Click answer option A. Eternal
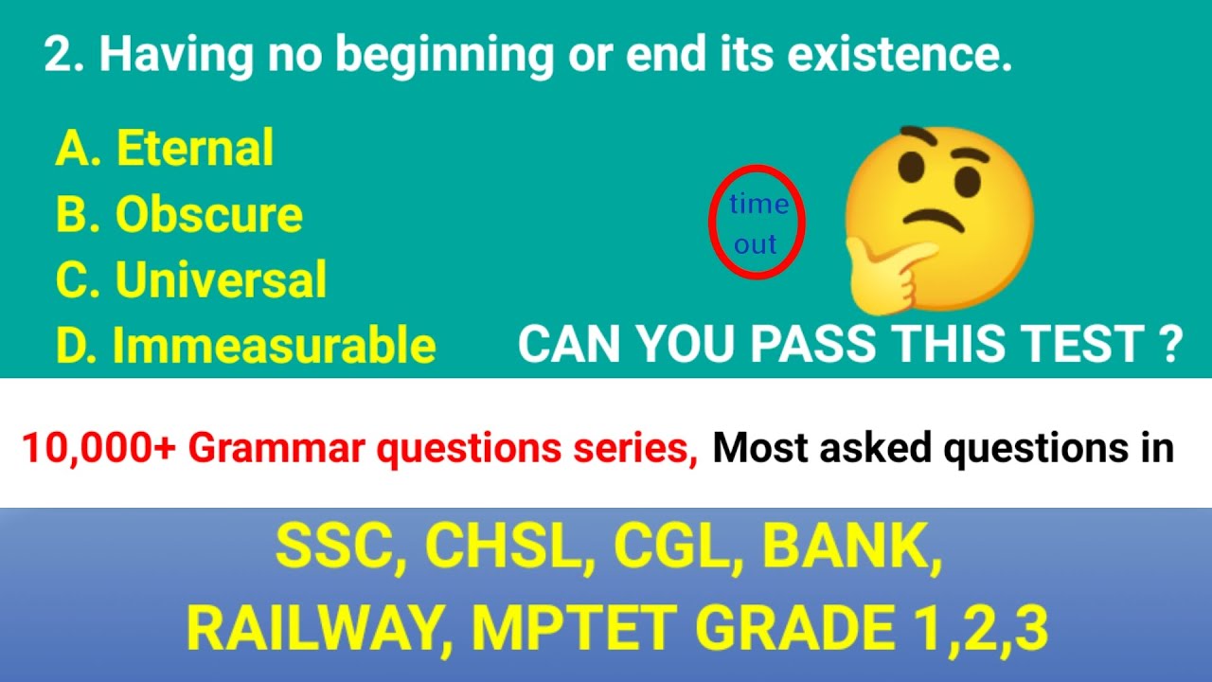point(165,149)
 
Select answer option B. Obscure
point(179,216)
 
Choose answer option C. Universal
point(190,280)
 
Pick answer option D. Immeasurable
point(245,346)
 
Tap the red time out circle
point(757,224)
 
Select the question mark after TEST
point(1170,345)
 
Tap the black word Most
point(760,448)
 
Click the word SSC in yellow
point(337,548)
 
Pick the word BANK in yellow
point(848,548)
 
